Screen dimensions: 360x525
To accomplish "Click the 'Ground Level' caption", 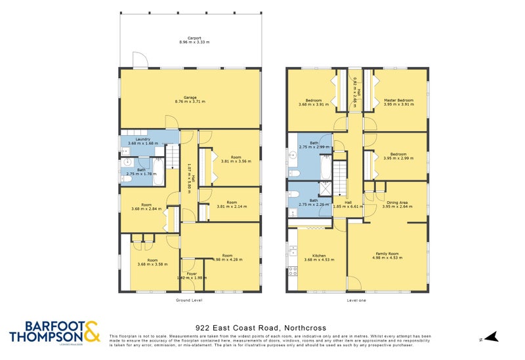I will coord(189,300).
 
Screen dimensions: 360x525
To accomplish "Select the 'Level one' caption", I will coord(357,300).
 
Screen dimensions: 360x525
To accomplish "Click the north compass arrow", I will coord(493,337).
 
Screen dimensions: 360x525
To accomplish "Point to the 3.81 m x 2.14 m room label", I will coord(232,205).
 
